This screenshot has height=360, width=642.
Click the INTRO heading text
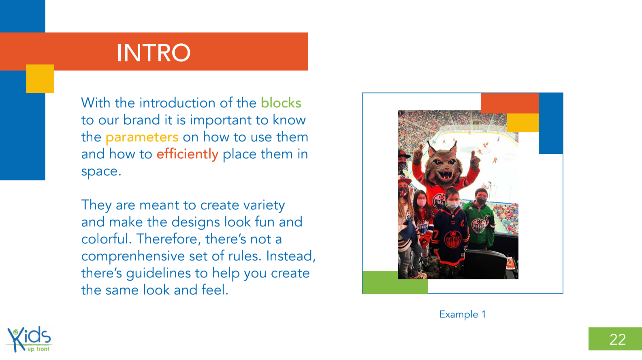pyautogui.click(x=154, y=53)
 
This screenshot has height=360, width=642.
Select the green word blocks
pyautogui.click(x=281, y=103)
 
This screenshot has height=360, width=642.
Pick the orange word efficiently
pyautogui.click(x=188, y=154)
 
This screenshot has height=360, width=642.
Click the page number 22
pyautogui.click(x=618, y=339)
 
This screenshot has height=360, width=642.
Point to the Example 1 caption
pyautogui.click(x=463, y=314)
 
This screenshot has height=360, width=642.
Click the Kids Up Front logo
pyautogui.click(x=29, y=339)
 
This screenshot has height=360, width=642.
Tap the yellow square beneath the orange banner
pyautogui.click(x=40, y=79)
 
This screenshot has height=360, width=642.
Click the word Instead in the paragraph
pyautogui.click(x=291, y=256)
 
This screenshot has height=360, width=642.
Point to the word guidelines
pyautogui.click(x=158, y=273)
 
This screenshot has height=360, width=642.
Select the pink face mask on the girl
pyautogui.click(x=421, y=202)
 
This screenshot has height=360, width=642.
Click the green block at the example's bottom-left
pyautogui.click(x=395, y=282)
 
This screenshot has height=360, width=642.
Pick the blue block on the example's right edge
pyautogui.click(x=550, y=123)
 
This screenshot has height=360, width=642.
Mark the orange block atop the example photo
pyautogui.click(x=510, y=103)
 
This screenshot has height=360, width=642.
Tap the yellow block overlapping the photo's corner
pyautogui.click(x=523, y=123)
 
